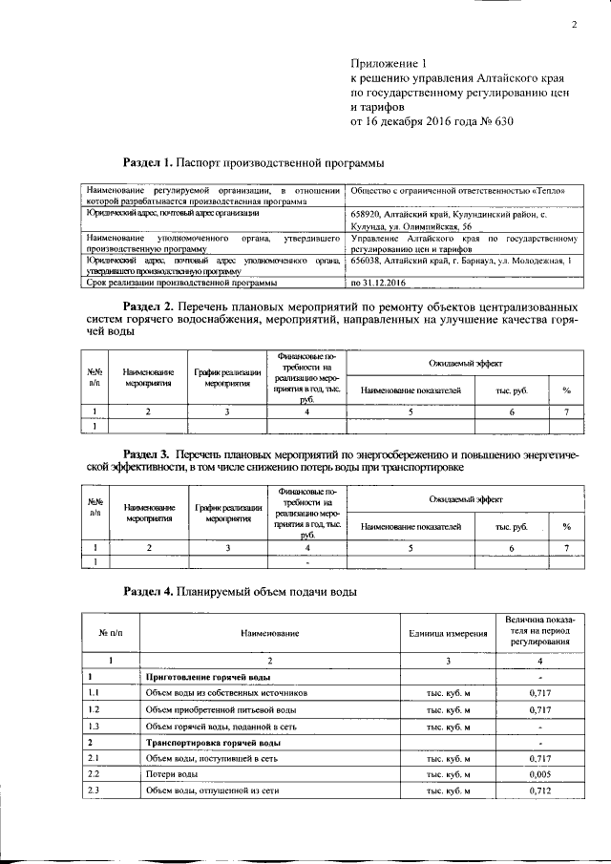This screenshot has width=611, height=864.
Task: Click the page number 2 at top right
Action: point(575,26)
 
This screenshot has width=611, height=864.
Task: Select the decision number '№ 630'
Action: point(495,123)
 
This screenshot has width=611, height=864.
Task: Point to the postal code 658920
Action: point(370,216)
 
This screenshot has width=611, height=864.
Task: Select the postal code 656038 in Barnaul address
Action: point(370,261)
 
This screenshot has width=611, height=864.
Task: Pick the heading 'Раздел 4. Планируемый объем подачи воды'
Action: point(241,592)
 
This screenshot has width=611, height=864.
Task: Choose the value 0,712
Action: point(541,791)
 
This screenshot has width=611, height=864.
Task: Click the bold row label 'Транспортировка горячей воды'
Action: point(212,742)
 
